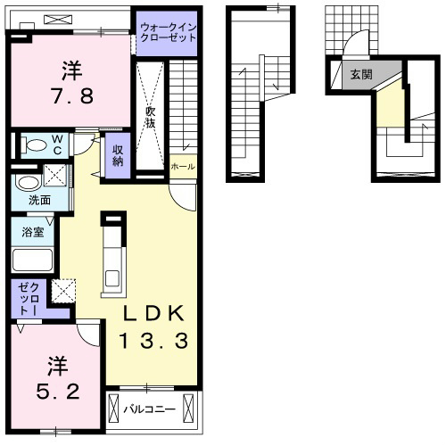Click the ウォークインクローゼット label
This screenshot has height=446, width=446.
[169, 33]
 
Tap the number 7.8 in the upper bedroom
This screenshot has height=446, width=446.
[73, 95]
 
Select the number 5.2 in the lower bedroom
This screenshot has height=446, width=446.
[58, 391]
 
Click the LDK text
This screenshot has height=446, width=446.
[153, 313]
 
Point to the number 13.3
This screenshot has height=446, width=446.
[153, 341]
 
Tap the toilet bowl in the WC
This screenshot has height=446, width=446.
[35, 145]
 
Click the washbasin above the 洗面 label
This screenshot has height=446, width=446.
[28, 183]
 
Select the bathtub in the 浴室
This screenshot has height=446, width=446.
[32, 260]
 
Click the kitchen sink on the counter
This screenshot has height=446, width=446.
[112, 278]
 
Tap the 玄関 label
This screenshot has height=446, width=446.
[361, 74]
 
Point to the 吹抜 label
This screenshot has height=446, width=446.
[151, 117]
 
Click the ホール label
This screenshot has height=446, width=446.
[183, 167]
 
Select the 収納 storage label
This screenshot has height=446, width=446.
[118, 155]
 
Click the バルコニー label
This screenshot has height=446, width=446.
[150, 409]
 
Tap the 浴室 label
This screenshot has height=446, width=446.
[33, 232]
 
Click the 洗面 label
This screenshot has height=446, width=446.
[39, 200]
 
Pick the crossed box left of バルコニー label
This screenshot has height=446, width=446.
[113, 409]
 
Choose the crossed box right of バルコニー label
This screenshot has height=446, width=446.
[188, 408]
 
